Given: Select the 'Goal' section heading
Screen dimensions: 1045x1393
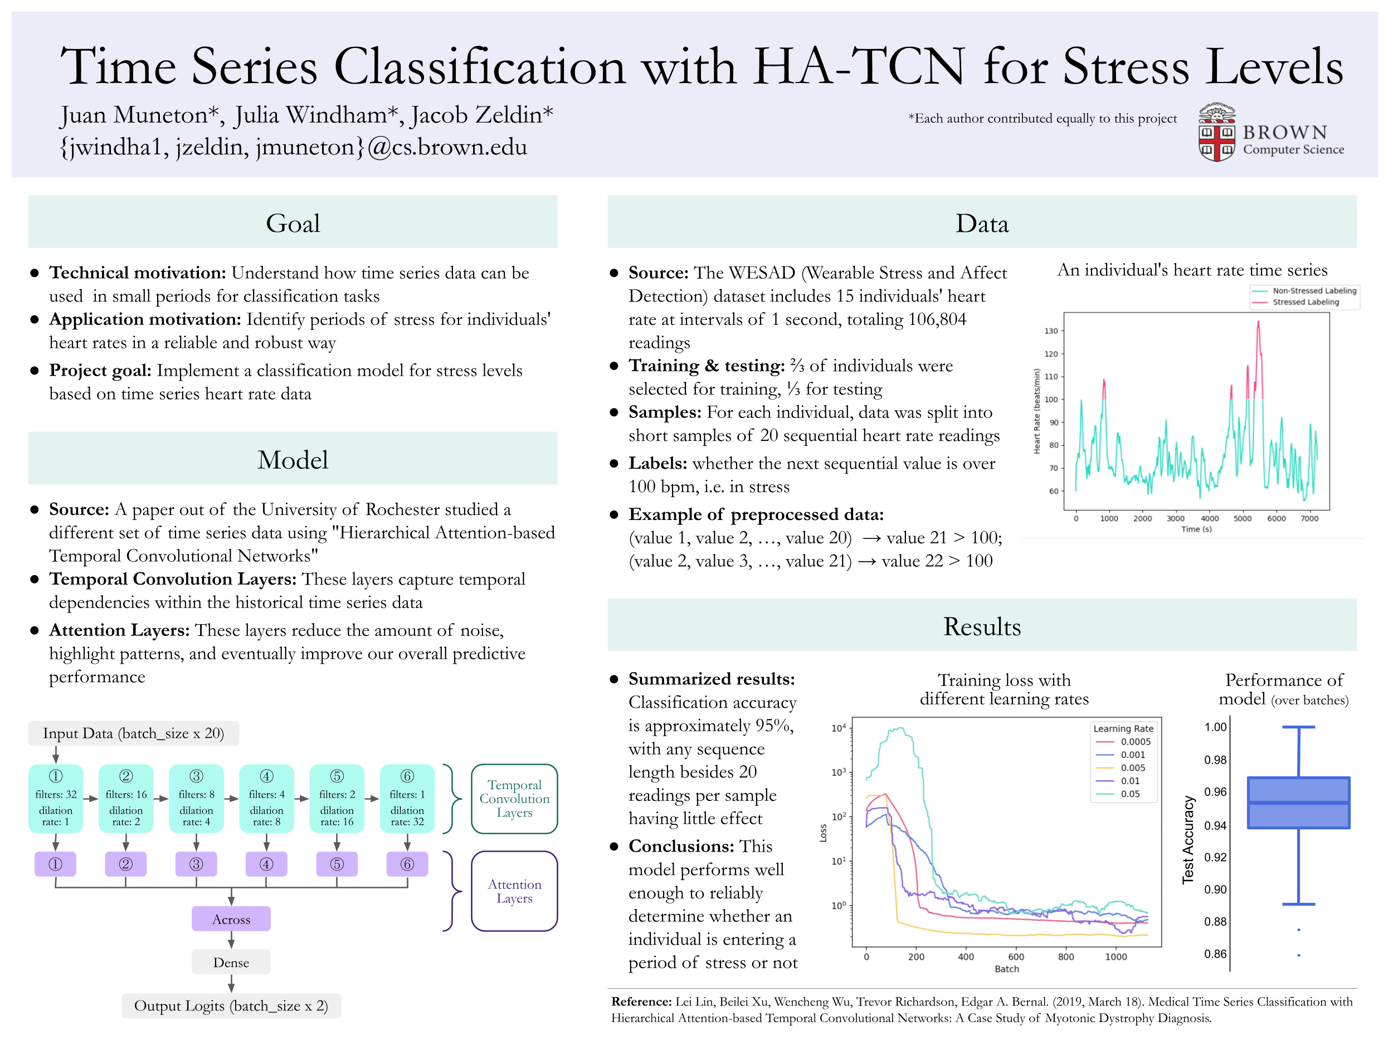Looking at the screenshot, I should pos(293,223).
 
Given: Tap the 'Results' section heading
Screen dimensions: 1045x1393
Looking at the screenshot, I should pos(981,626).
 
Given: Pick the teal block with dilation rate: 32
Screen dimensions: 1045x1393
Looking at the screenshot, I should pos(407,798).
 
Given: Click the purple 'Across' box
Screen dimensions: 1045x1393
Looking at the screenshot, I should pos(231,919).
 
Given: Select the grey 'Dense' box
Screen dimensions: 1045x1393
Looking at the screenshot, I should pos(231,962).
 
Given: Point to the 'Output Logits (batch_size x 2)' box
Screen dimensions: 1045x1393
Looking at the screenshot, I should pos(231,1005).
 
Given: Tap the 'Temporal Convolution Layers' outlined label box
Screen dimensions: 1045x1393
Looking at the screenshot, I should pos(514,798).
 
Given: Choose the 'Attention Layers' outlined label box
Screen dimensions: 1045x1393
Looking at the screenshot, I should pos(514,891).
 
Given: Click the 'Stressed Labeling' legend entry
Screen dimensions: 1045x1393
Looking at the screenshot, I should pos(1305,302).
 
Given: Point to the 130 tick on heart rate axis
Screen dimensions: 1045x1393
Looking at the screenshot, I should pos(1051,330).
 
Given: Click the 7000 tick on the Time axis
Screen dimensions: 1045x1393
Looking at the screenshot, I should pos(1309,518).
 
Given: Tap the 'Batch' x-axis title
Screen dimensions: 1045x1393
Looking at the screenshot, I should pos(1006,969).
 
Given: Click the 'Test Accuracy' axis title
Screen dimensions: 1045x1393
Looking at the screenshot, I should pos(1188,840).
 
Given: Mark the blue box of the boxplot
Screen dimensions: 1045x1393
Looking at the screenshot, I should pos(1298,803).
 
